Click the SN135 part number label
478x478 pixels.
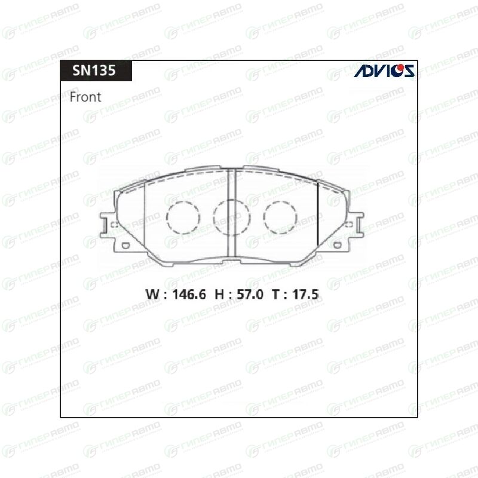[94, 71]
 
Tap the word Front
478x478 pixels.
[85, 97]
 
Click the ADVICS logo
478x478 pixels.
[384, 71]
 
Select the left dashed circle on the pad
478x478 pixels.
[183, 217]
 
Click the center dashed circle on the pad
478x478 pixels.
[232, 217]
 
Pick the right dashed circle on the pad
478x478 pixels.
[280, 217]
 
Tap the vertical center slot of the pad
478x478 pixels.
[232, 213]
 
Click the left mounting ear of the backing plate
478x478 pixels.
[108, 225]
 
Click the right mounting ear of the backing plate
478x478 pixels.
[356, 225]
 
